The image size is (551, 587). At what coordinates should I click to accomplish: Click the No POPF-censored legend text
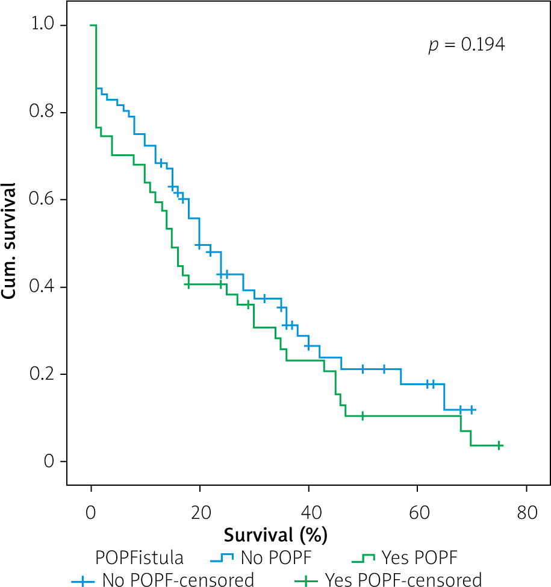178,580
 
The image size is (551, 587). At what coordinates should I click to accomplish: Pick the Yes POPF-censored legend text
403,580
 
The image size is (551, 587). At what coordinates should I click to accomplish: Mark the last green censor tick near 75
499,445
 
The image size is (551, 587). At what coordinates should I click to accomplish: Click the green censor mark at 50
363,416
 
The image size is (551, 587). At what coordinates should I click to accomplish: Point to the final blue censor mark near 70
472,410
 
